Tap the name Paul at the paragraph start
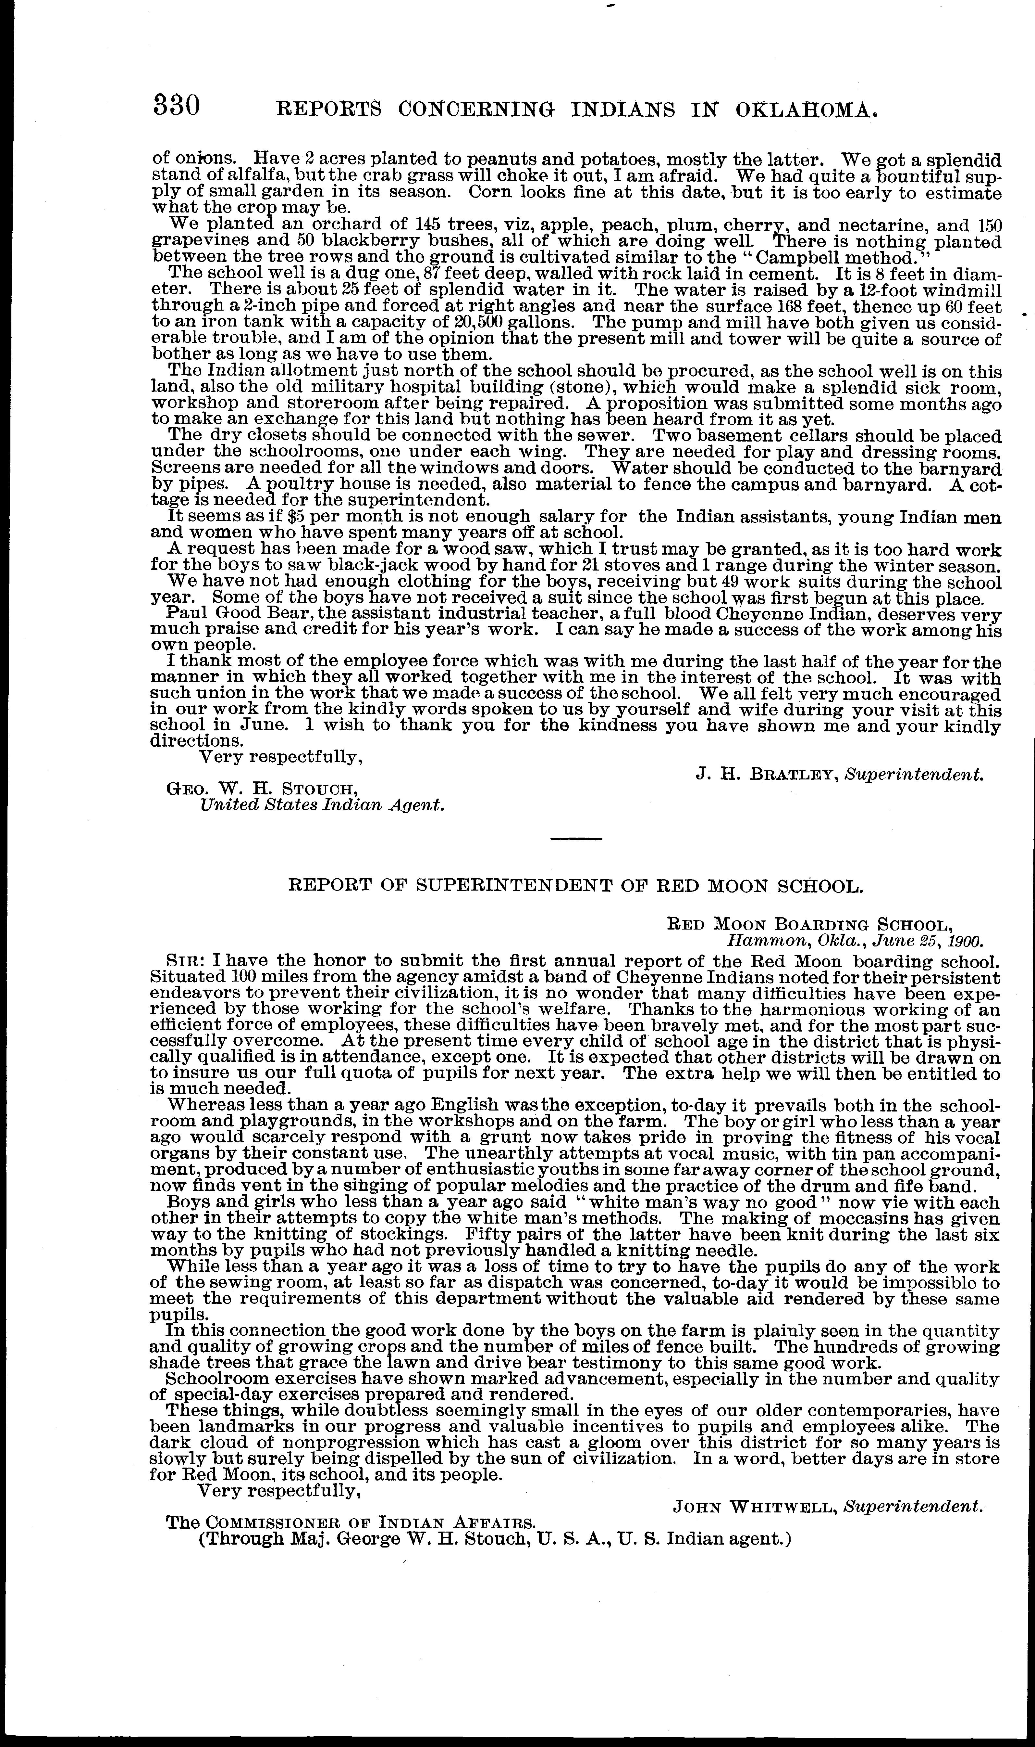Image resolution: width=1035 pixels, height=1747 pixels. pos(183,615)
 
